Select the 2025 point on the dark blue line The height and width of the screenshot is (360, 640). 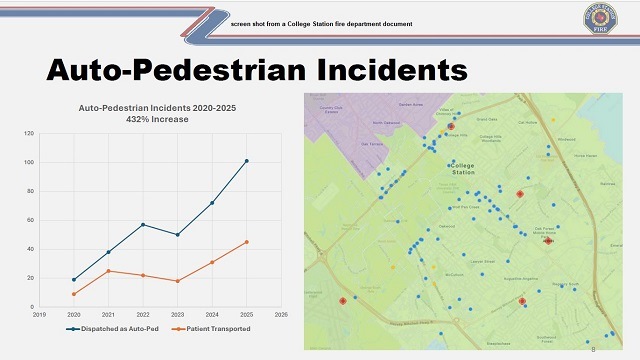click(x=246, y=161)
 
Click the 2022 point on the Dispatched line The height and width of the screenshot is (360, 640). click(x=143, y=224)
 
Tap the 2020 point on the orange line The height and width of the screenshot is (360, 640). click(x=74, y=294)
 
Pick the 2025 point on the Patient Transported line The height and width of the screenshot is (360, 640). click(x=246, y=242)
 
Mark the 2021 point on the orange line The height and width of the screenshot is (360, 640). click(x=108, y=271)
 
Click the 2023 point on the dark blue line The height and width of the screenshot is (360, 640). click(x=177, y=234)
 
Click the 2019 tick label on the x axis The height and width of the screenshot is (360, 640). click(x=40, y=315)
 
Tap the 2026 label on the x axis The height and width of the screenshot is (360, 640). click(x=281, y=315)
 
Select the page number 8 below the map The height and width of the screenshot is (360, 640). click(x=593, y=350)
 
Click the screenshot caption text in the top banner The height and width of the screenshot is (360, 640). click(x=321, y=21)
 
